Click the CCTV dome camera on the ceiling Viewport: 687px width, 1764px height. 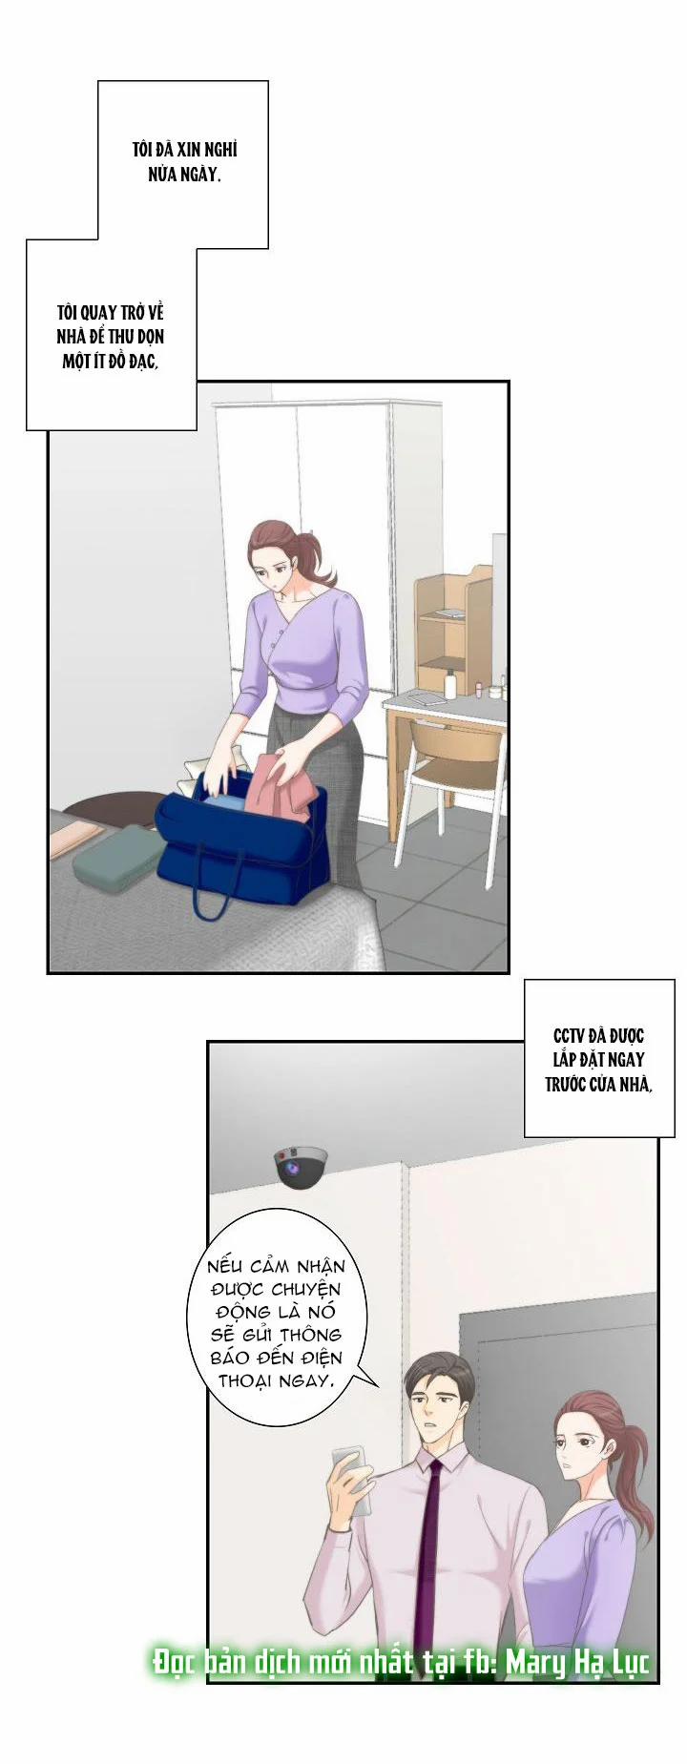[x=302, y=1166]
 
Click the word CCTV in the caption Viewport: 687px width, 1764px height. [x=572, y=1035]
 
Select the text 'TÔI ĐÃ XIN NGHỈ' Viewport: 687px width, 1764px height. [x=184, y=150]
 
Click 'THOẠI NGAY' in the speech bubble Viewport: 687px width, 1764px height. [x=277, y=1380]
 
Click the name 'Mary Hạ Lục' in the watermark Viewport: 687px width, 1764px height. [x=577, y=1663]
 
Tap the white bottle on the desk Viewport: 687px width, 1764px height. [x=450, y=683]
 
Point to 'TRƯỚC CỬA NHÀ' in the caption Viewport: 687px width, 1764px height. [x=598, y=1084]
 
